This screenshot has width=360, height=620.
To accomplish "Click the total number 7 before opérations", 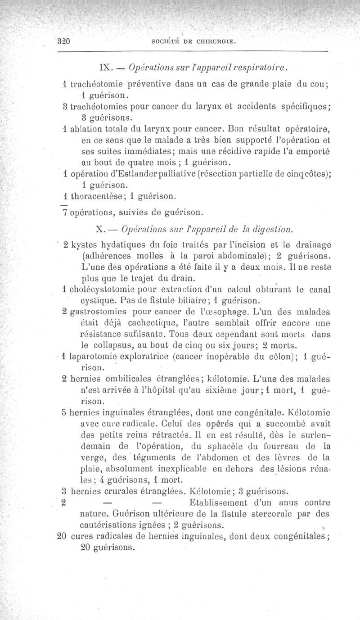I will pyautogui.click(x=64, y=211).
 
